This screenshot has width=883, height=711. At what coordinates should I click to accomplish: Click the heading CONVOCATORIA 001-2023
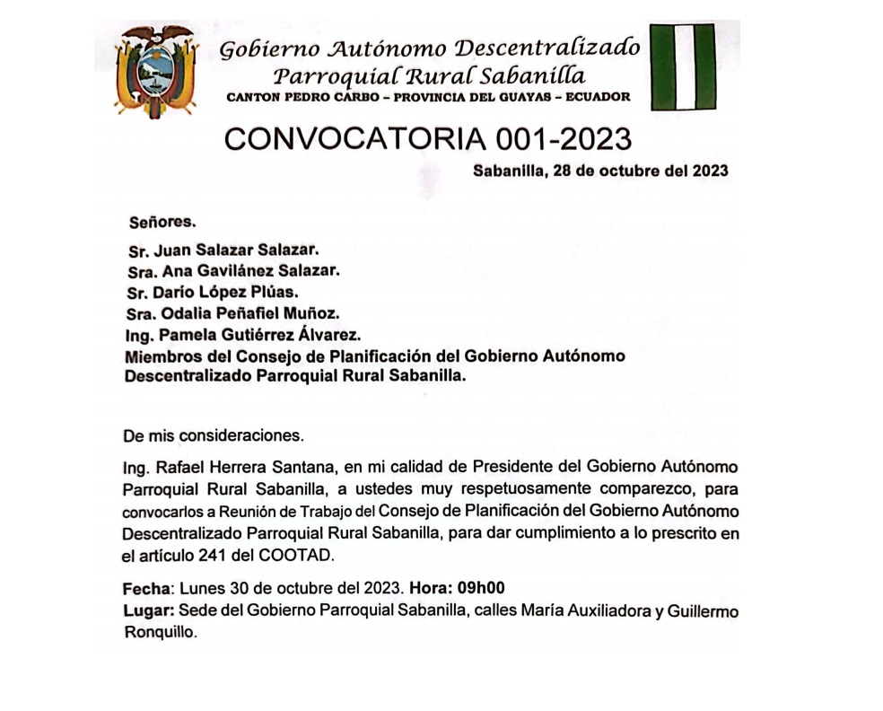click(x=428, y=138)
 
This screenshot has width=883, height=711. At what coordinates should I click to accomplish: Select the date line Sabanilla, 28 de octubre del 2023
click(x=599, y=171)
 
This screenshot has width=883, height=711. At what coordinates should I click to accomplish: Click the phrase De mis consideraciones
click(x=214, y=436)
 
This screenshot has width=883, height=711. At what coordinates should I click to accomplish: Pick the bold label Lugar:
click(x=148, y=611)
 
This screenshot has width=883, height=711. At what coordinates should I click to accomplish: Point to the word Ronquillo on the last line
click(x=158, y=632)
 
